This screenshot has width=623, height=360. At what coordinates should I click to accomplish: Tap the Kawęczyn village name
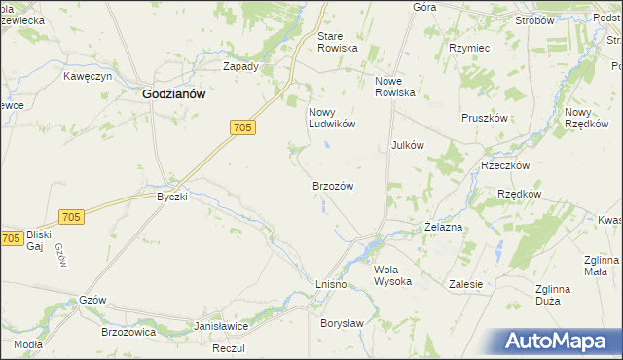[x=90, y=75]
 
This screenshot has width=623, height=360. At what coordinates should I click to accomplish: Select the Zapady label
[x=240, y=67]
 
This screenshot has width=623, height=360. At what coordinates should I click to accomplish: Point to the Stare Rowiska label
[x=338, y=42]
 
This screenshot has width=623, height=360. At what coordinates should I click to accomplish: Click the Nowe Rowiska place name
[x=395, y=87]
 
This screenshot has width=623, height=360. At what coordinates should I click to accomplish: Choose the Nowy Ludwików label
[x=331, y=118]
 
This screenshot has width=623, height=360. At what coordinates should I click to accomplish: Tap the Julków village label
[x=407, y=145]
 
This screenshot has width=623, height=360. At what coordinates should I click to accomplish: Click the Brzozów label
[x=332, y=185]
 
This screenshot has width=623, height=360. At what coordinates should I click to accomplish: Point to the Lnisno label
[x=331, y=282]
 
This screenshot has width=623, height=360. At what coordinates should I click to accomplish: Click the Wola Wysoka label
[x=393, y=275]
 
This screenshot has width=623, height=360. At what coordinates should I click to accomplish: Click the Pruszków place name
[x=486, y=117]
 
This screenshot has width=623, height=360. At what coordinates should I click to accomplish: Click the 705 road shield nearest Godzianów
[x=244, y=127]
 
